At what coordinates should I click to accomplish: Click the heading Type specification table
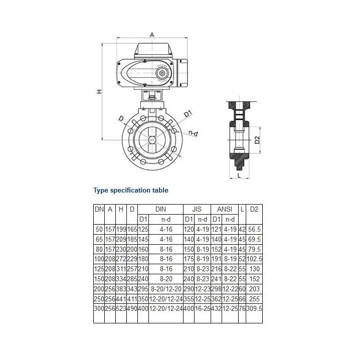coord(131,191)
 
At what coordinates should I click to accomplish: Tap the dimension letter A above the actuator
coord(152,34)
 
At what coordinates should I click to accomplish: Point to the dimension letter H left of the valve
coord(99,92)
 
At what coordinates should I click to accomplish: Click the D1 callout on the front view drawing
coord(188,114)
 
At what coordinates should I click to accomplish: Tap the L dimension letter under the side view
coord(240,175)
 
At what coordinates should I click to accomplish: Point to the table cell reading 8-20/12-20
coord(166,289)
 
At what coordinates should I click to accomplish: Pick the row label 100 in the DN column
coord(99,259)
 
